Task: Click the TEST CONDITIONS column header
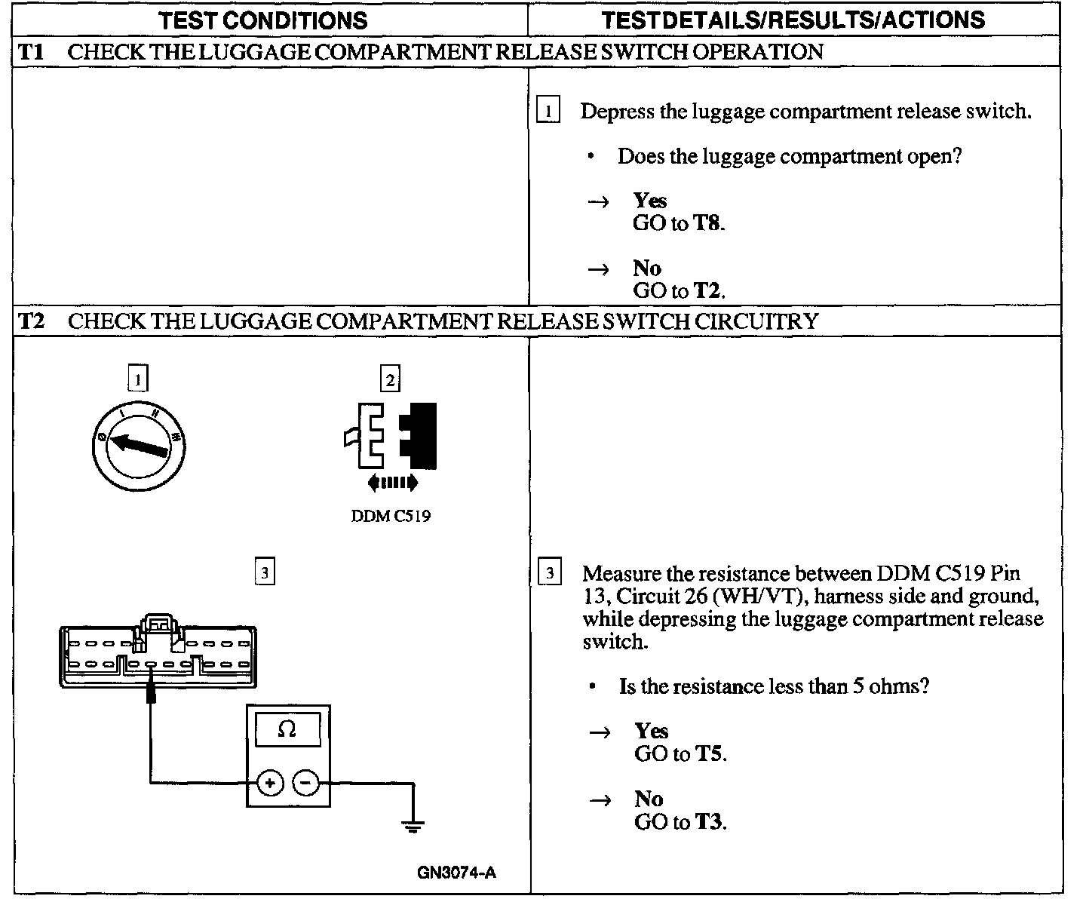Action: [263, 20]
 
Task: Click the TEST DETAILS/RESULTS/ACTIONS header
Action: [793, 20]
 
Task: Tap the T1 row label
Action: [31, 52]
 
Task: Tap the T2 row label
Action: [31, 322]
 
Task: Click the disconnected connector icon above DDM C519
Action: [391, 436]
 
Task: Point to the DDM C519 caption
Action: [391, 517]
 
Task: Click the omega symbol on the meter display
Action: [287, 729]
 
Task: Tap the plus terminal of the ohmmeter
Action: [270, 784]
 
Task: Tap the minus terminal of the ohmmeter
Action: [305, 784]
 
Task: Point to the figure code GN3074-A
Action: [456, 873]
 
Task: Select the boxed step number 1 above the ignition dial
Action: [138, 379]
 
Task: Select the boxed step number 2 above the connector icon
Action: [390, 379]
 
